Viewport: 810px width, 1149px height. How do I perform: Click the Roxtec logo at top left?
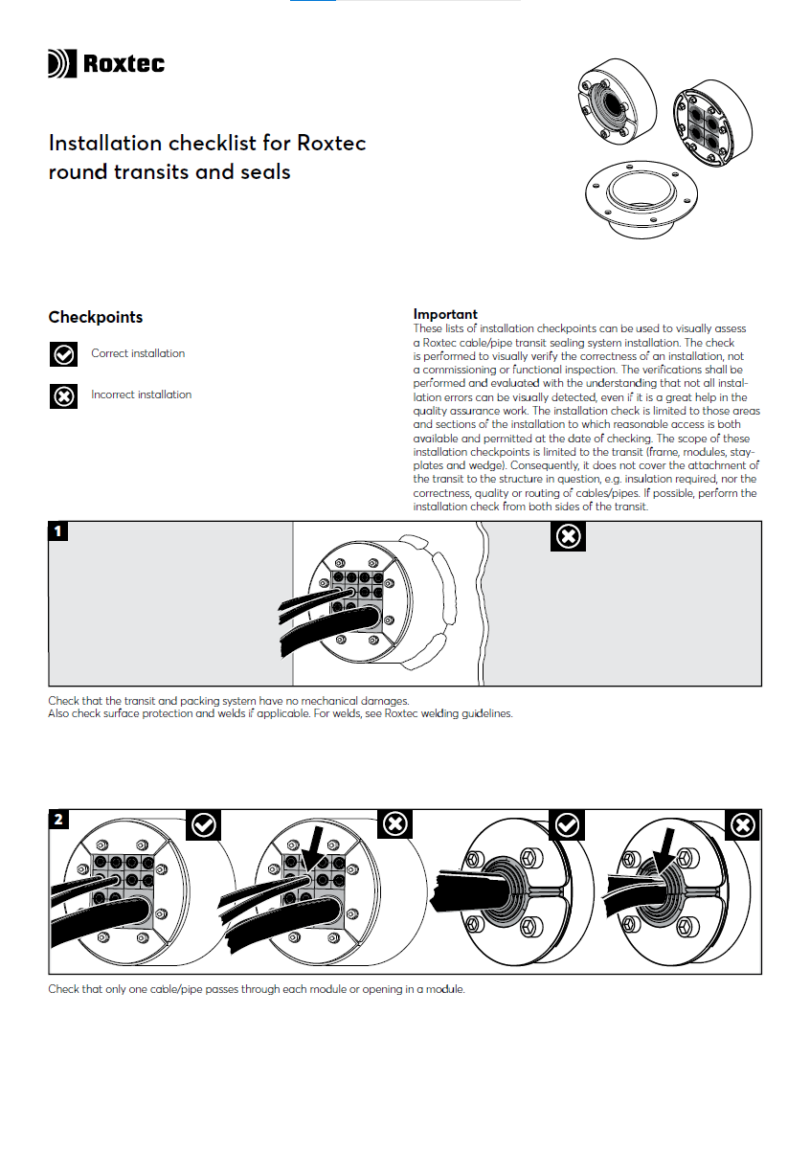coord(105,64)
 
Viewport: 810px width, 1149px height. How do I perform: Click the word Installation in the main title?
coord(105,144)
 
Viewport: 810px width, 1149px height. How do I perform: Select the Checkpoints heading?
coord(95,317)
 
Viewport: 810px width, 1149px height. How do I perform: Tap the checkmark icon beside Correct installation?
coord(63,354)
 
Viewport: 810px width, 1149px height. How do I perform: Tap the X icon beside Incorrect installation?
coord(63,395)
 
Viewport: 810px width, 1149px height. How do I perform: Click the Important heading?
coord(445,314)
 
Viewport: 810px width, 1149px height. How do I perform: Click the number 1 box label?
coord(59,531)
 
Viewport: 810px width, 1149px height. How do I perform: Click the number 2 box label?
coord(59,820)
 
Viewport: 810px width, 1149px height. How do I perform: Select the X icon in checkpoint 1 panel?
coord(569,537)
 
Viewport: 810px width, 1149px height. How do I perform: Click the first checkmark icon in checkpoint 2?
coord(203,824)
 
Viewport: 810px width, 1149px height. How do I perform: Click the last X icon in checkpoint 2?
coord(742,824)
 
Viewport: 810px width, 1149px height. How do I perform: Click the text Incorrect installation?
coord(141,394)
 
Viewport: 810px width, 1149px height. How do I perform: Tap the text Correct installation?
coord(138,353)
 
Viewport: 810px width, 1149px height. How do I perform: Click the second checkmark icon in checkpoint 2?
coord(567,824)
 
